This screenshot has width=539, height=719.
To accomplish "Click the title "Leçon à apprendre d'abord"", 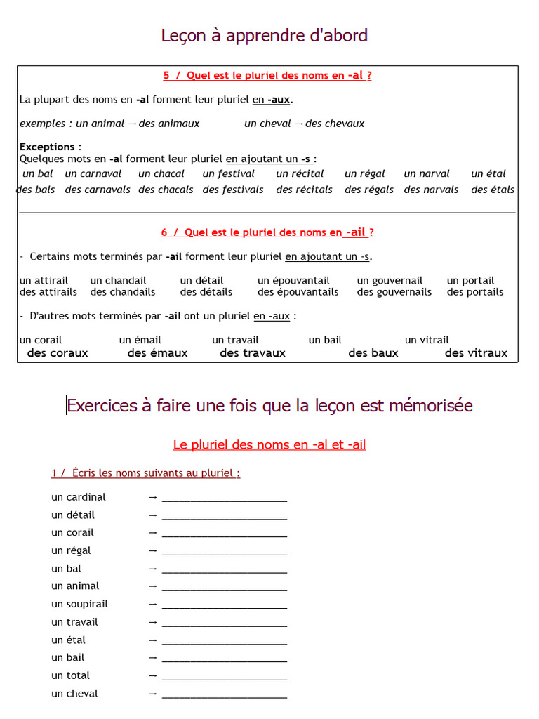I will (x=265, y=35).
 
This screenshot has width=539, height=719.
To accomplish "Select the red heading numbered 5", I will (x=267, y=76).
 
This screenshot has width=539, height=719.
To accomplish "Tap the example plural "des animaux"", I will (x=169, y=124).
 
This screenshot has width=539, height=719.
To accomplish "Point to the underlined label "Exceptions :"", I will (x=51, y=147).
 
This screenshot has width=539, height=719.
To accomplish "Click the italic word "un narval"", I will (x=427, y=173).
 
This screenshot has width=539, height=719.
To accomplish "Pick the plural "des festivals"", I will (x=233, y=190).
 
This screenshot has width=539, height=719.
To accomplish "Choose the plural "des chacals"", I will (x=166, y=190).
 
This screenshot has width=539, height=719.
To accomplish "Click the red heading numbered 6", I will (x=267, y=232).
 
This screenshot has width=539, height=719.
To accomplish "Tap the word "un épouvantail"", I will (x=293, y=280).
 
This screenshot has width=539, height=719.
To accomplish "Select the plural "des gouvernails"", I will (x=394, y=292).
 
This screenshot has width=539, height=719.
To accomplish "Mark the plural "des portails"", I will (x=475, y=292).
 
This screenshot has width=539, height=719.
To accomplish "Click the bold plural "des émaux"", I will (x=157, y=353).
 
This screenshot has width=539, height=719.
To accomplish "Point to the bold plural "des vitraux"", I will (x=476, y=353).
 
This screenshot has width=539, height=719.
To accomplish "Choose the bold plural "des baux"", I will (x=373, y=353).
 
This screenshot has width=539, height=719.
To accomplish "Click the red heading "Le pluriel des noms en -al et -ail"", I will (x=269, y=444).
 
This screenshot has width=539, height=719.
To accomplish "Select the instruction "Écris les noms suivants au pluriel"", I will (x=156, y=473).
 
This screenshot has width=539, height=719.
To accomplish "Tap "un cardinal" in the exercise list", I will (x=79, y=497).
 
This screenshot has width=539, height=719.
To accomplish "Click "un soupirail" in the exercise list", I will (x=79, y=604).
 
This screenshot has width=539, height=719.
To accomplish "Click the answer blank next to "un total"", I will (x=224, y=676).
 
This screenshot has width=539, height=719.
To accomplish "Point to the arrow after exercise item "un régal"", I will (x=152, y=550).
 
